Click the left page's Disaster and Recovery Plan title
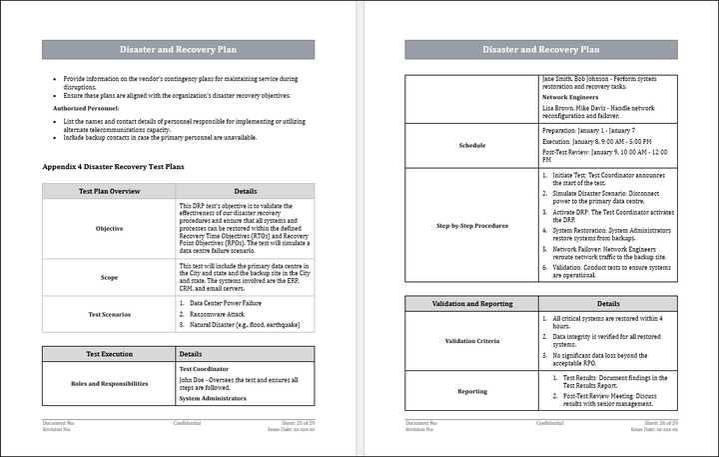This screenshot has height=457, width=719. pyautogui.click(x=179, y=48)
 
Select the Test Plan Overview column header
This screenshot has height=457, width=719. pyautogui.click(x=110, y=191)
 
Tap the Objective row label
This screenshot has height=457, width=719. pyautogui.click(x=110, y=228)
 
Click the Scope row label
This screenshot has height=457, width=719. pyautogui.click(x=110, y=277)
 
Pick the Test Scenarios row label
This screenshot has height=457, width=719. pyautogui.click(x=110, y=313)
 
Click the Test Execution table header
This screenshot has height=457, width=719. pyautogui.click(x=110, y=354)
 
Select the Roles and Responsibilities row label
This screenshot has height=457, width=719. pyautogui.click(x=110, y=383)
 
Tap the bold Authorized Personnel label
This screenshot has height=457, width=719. pyautogui.click(x=86, y=107)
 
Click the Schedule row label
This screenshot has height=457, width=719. pyautogui.click(x=472, y=144)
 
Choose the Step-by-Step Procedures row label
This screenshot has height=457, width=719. pyautogui.click(x=472, y=226)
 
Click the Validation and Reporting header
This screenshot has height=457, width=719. pyautogui.click(x=472, y=303)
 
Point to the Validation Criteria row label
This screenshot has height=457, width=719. pyautogui.click(x=472, y=341)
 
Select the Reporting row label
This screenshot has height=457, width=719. pyautogui.click(x=472, y=391)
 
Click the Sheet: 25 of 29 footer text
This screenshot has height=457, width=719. pyautogui.click(x=295, y=423)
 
